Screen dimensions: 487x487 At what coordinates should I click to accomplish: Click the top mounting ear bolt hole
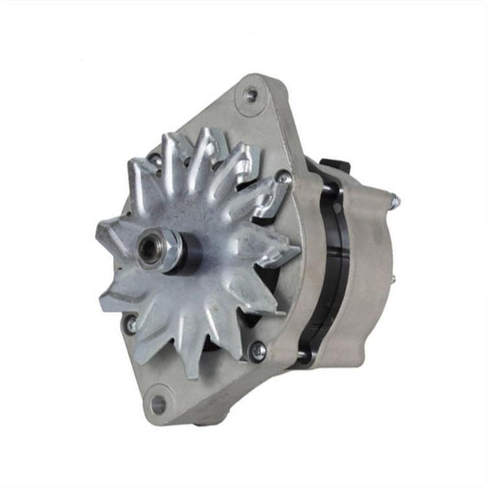click(250, 95)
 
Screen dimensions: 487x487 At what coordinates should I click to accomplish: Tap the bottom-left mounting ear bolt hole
click(158, 404)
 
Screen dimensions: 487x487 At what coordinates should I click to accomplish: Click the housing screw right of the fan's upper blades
click(283, 175)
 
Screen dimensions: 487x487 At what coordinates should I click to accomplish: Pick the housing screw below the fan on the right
click(258, 351)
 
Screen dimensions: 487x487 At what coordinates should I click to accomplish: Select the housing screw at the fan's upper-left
click(155, 158)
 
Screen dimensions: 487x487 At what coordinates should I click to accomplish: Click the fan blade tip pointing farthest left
click(104, 229)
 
